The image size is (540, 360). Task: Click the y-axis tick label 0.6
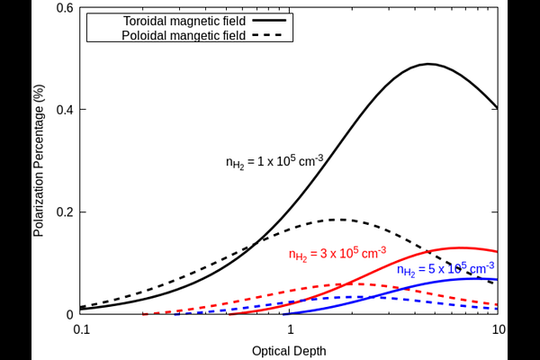63,8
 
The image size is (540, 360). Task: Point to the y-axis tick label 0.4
63,110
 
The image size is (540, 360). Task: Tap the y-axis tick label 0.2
63,212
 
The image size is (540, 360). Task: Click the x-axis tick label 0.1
80,329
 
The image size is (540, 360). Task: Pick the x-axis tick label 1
290,329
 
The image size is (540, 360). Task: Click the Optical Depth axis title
289,349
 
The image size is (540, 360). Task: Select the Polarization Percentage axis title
39,161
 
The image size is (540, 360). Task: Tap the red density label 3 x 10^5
337,253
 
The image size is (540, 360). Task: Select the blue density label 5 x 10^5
445,269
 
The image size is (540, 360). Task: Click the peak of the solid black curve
429,64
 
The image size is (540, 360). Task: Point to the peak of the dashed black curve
337,219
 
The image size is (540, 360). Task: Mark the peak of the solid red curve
461,247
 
